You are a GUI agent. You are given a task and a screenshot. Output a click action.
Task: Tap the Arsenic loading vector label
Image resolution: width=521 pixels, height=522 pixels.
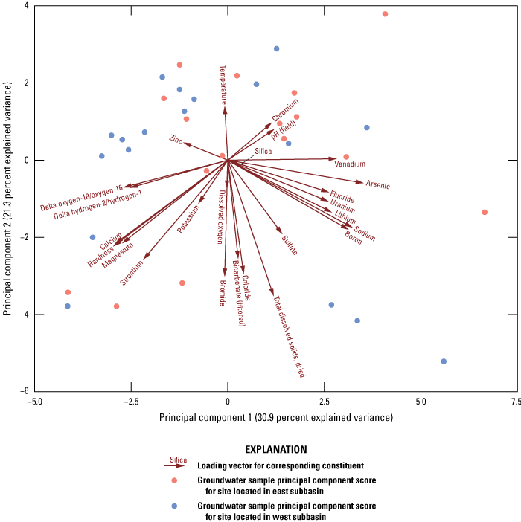(x=377, y=185)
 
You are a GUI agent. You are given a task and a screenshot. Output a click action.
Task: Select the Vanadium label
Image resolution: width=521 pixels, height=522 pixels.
(x=350, y=164)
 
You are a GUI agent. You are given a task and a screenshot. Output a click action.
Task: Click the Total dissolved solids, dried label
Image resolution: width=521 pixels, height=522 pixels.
(x=290, y=337)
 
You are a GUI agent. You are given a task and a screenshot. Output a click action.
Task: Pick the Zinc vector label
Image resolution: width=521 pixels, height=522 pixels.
(x=176, y=139)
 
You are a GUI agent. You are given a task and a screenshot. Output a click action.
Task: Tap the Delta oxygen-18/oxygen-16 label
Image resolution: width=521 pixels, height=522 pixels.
(x=81, y=197)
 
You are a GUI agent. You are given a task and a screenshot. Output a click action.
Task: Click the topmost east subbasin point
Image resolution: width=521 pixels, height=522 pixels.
(x=385, y=14)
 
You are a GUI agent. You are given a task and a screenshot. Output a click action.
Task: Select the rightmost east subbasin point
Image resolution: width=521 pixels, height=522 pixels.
(x=485, y=212)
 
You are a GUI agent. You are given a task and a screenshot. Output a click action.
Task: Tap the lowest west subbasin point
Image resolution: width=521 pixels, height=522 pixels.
(x=444, y=361)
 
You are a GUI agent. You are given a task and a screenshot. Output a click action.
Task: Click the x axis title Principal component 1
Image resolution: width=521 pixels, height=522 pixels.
(x=275, y=418)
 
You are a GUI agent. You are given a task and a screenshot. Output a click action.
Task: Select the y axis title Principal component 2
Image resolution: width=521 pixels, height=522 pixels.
(x=8, y=199)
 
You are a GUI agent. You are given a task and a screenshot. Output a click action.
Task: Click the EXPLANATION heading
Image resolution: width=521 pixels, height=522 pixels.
(x=275, y=450)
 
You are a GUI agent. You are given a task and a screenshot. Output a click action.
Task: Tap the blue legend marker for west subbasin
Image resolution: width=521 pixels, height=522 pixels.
(x=174, y=506)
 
